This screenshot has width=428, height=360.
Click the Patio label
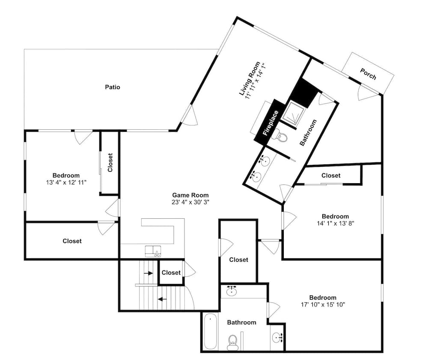coord(113,87)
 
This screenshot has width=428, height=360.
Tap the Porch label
coord(368,74)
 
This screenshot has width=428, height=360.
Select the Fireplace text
coord(270,123)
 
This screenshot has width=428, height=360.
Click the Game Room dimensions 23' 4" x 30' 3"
coord(190,202)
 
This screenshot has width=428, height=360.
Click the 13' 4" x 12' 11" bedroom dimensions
coord(66,182)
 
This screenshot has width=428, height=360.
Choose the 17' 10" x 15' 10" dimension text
coord(323,305)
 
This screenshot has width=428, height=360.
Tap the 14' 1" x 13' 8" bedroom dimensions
coord(336,223)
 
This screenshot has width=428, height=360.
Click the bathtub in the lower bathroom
coord(210,331)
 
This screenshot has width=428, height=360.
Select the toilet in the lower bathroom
coord(232,343)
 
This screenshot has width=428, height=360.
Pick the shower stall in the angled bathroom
coord(294,113)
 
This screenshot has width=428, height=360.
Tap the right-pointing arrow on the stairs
coord(149,273)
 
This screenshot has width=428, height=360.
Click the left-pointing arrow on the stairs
coord(162,299)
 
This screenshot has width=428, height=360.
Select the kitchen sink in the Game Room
coord(153,251)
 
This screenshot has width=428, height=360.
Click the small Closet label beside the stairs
coord(171,273)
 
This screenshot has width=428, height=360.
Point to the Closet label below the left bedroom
coord(72,241)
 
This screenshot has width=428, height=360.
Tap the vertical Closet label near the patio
coord(110,162)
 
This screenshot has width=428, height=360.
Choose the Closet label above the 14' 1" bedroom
coord(331,176)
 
